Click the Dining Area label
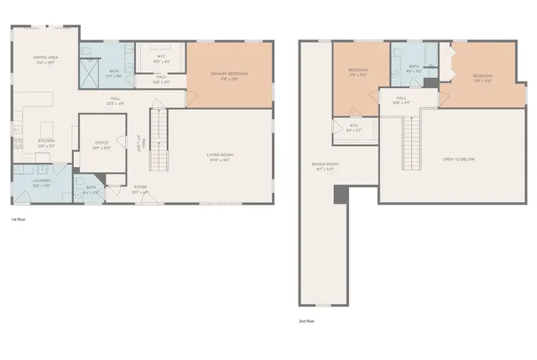pyautogui.click(x=44, y=60)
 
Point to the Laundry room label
pyautogui.click(x=42, y=182)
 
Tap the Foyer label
pyautogui.click(x=139, y=190)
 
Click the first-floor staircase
pyautogui.click(x=159, y=138)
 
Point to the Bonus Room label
pyautogui.click(x=323, y=166)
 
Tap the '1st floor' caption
pyautogui.click(x=18, y=220)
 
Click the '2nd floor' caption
pyautogui.click(x=307, y=321)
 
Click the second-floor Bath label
pyautogui.click(x=414, y=68)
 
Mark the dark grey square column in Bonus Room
pyautogui.click(x=340, y=195)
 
